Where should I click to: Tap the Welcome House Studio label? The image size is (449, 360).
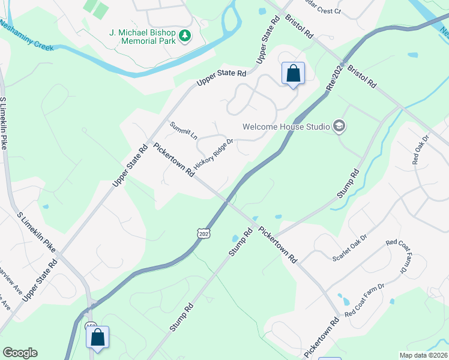pyautogui.click(x=286, y=127)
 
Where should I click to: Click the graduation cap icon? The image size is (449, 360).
pyautogui.click(x=339, y=126)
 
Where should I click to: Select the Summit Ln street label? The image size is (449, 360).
pyautogui.click(x=184, y=130)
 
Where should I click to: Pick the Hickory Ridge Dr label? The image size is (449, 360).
pyautogui.click(x=213, y=154)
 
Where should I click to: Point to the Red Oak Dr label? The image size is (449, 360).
pyautogui.click(x=421, y=151)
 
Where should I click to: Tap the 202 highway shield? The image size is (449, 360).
pyautogui.click(x=203, y=232)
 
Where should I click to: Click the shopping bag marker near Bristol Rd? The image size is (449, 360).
pyautogui.click(x=293, y=74)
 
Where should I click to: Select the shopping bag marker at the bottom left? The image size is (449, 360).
pyautogui.click(x=97, y=337)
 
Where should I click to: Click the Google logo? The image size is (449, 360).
pyautogui.click(x=20, y=353)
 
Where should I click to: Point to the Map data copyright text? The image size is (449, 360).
pyautogui.click(x=423, y=355)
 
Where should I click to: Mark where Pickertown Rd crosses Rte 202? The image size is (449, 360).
pyautogui.click(x=226, y=202)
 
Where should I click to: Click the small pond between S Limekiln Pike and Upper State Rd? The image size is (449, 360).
pyautogui.click(x=46, y=205)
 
